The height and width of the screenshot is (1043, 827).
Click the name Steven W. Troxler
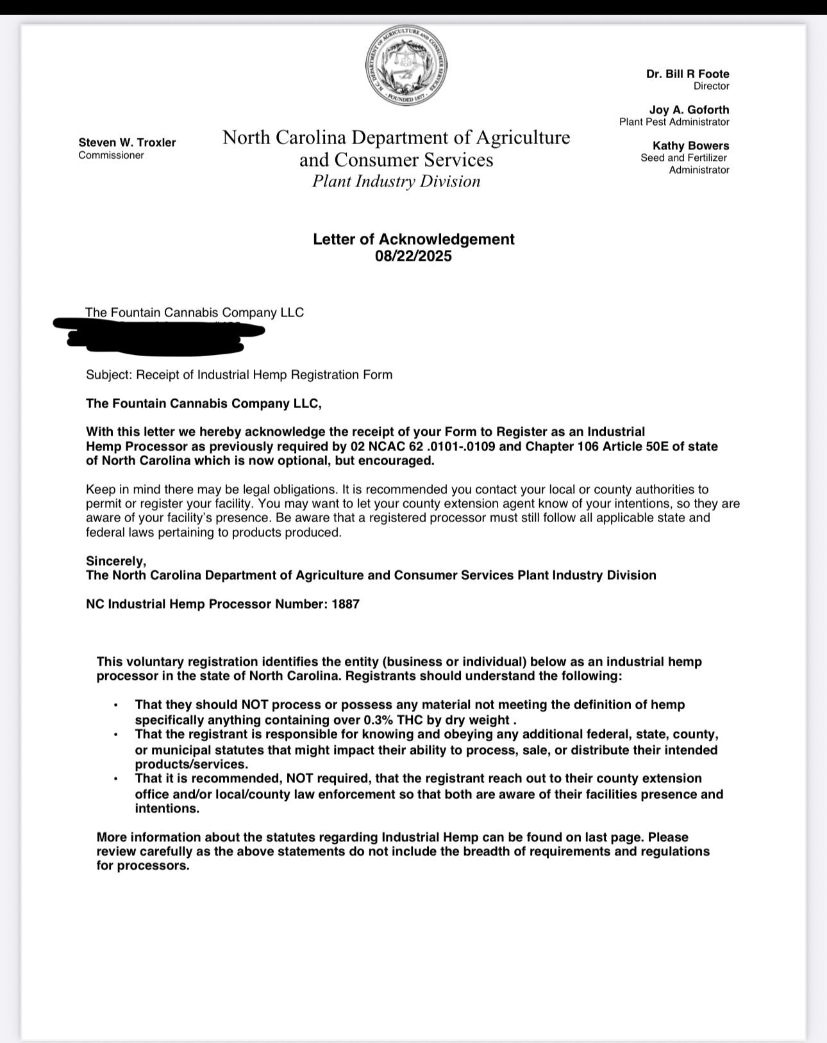127,142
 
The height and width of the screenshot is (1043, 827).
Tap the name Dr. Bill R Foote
687,74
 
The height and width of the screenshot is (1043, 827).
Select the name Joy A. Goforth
689,110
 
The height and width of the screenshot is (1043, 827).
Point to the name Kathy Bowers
690,145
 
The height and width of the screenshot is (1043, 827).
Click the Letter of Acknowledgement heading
413,239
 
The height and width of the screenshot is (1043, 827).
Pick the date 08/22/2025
413,256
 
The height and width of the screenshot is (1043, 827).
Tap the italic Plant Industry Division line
396,181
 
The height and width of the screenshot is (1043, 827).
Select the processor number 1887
346,604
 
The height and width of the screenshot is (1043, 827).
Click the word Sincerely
116,561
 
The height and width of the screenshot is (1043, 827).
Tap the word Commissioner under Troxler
111,156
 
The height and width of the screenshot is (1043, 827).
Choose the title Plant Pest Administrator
674,122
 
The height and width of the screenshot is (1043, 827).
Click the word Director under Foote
711,86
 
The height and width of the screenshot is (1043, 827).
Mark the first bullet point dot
115,705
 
